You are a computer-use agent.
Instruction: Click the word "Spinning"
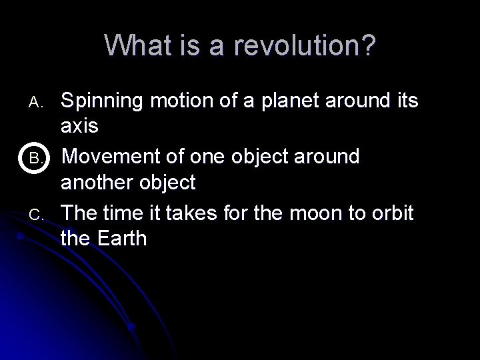(x=103, y=101)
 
